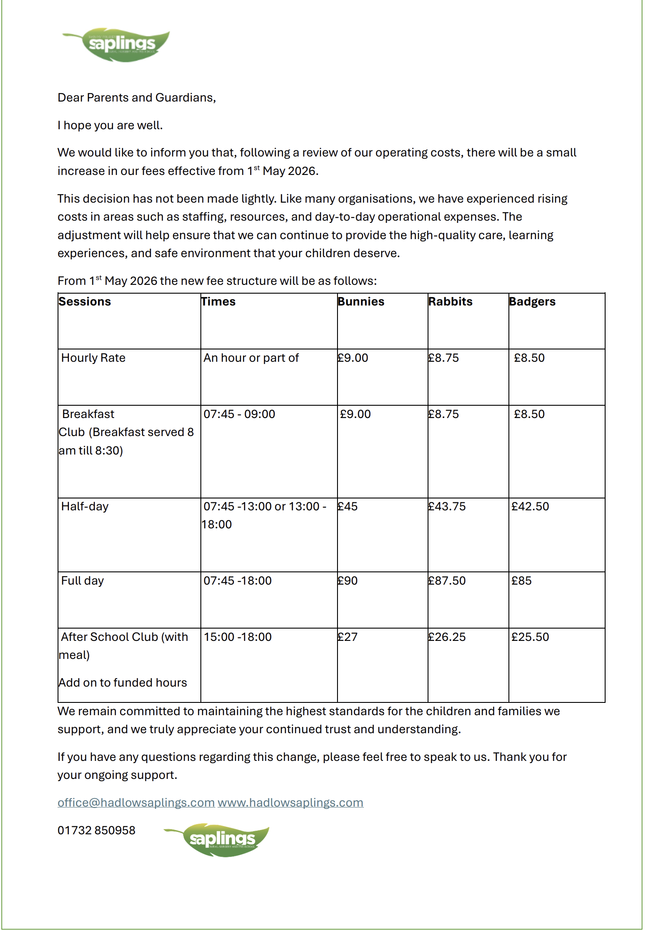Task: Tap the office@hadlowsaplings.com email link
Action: pos(136,803)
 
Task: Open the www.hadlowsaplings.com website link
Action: pos(290,803)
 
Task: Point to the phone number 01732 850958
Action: pos(96,830)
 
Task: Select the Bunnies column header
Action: pos(361,302)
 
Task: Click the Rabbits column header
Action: pos(450,302)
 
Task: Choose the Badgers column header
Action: pos(532,302)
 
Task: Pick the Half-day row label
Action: pos(85,506)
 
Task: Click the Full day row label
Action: pos(83,581)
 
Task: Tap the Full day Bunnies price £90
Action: pos(348,581)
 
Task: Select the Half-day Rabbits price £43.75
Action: pos(447,506)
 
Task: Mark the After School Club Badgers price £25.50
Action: pos(530,637)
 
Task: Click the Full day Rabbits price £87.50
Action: pos(447,581)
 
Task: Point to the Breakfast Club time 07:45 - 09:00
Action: pos(239,414)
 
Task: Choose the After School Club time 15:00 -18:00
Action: pos(238,637)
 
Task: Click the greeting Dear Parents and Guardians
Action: pos(137,98)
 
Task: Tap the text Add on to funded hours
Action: pos(123,683)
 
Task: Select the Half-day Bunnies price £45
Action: pos(348,506)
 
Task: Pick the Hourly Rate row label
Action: pos(93,358)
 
